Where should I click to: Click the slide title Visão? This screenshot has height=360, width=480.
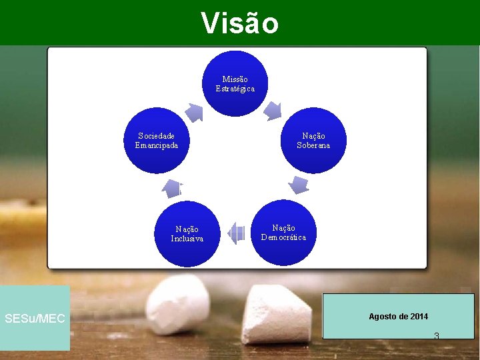(240, 23)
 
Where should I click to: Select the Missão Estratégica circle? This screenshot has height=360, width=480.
(235, 83)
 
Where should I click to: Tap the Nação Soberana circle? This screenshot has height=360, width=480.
(313, 141)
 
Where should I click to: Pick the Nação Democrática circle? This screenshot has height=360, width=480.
(284, 233)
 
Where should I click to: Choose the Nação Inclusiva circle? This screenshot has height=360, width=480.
(187, 234)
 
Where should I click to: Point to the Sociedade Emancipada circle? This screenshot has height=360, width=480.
(157, 141)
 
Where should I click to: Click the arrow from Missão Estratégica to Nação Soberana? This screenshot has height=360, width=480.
(273, 111)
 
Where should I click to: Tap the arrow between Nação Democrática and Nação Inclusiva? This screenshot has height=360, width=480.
(236, 233)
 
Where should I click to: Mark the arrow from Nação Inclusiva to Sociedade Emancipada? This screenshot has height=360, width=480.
(173, 189)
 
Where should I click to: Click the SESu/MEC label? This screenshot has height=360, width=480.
(35, 319)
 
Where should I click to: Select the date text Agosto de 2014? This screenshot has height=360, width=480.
(399, 316)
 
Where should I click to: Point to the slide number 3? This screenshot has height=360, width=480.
(436, 335)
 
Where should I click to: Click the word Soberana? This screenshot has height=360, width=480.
(313, 145)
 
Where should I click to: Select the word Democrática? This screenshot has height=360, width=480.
(284, 237)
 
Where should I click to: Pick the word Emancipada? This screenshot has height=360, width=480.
(157, 145)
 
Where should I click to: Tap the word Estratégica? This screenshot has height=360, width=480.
(235, 89)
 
